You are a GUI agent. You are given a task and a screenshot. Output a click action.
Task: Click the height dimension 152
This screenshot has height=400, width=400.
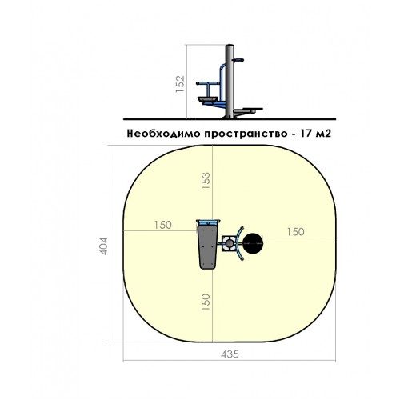[x=180, y=84]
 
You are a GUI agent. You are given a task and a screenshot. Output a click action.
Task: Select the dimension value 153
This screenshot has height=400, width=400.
[x=206, y=181]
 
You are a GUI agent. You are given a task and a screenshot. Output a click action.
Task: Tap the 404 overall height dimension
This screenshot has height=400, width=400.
[x=103, y=246]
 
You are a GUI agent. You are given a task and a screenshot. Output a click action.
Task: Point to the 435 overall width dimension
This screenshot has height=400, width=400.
[x=230, y=354]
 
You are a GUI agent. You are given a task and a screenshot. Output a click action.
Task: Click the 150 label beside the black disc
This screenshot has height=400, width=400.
[x=295, y=232]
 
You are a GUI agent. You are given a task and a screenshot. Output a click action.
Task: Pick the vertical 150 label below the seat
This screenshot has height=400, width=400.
[x=206, y=302]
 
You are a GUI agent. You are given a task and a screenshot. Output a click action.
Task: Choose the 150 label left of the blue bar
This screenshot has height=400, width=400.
[x=163, y=225]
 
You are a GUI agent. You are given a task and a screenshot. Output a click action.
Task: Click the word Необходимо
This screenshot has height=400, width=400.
[x=164, y=134]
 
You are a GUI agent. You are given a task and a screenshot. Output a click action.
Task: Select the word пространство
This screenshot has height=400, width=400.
[x=246, y=134]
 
